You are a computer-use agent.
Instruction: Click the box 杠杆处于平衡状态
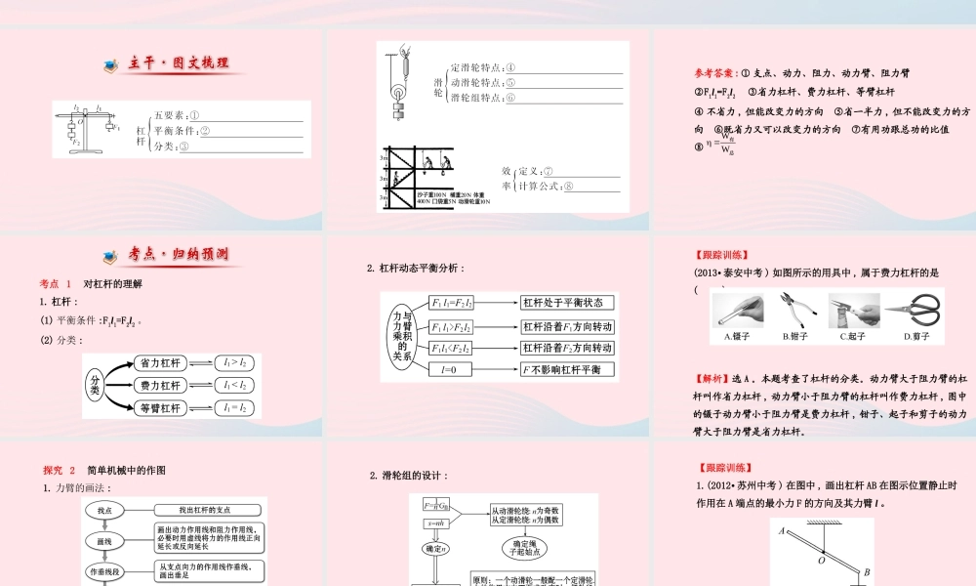(x=567, y=303)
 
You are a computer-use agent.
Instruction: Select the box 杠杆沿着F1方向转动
(x=567, y=326)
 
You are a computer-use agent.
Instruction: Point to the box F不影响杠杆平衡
(x=567, y=370)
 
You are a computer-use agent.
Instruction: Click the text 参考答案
(x=715, y=73)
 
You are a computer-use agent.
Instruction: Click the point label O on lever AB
(x=822, y=561)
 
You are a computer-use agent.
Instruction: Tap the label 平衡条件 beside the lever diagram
(x=176, y=131)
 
